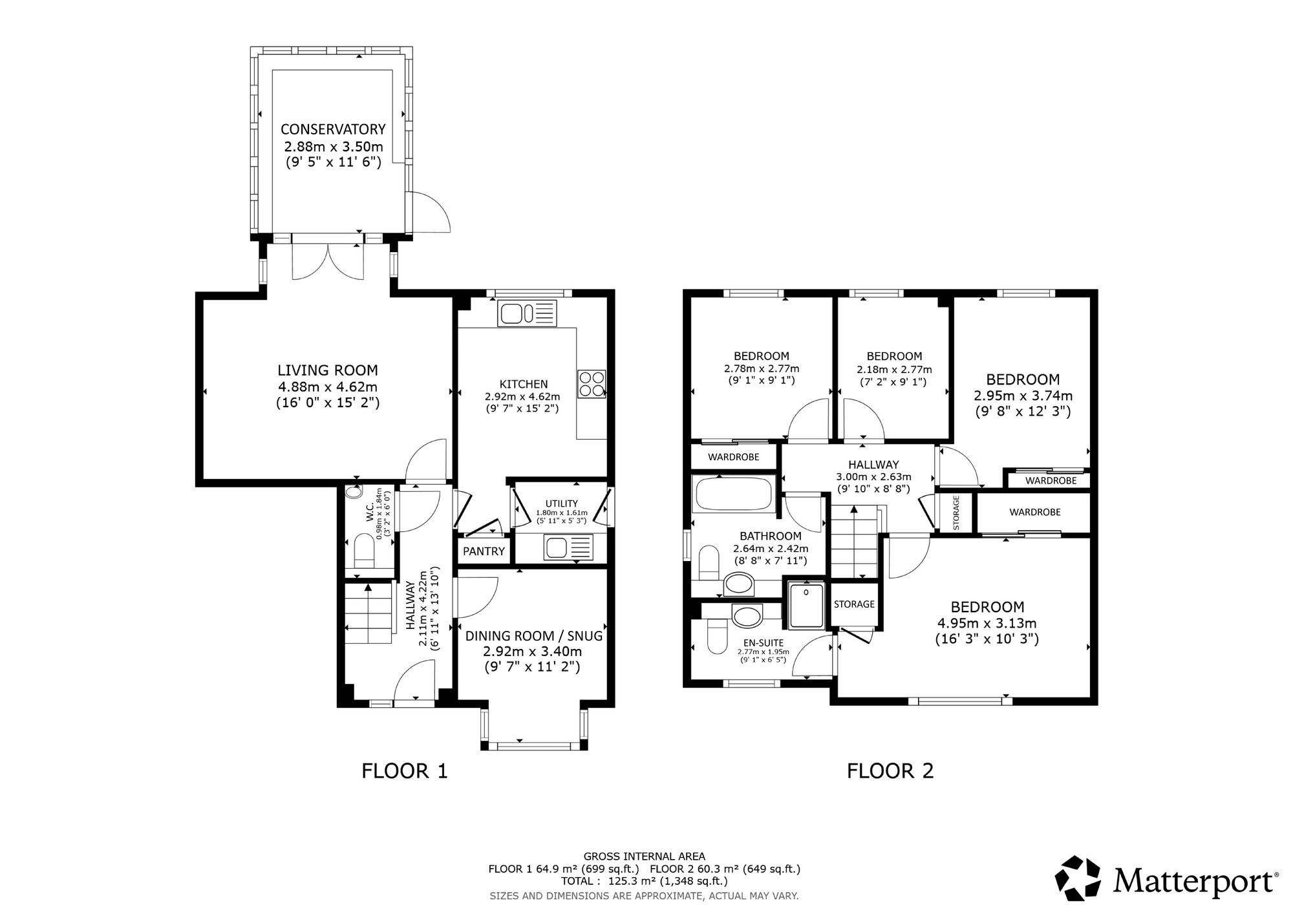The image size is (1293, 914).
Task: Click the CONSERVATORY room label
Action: pyautogui.click(x=333, y=129)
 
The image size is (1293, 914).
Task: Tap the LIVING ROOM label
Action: pyautogui.click(x=328, y=370)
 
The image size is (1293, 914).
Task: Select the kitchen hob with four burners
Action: pyautogui.click(x=592, y=383)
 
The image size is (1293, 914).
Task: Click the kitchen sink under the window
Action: pyautogui.click(x=527, y=314)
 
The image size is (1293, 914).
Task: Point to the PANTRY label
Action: pyautogui.click(x=484, y=551)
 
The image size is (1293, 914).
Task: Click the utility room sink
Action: pyautogui.click(x=568, y=547)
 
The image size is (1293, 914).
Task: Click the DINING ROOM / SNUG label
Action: pyautogui.click(x=534, y=636)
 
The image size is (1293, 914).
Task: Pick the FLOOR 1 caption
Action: pyautogui.click(x=405, y=771)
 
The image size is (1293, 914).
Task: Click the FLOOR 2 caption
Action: pyautogui.click(x=890, y=771)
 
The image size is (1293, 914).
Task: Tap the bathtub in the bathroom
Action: pyautogui.click(x=733, y=494)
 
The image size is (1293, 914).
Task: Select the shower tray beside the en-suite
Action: pyautogui.click(x=806, y=604)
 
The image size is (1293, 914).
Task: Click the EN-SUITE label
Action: pyautogui.click(x=764, y=643)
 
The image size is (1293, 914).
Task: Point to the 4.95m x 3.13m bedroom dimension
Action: pyautogui.click(x=987, y=624)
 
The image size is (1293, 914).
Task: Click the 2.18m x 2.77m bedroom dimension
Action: pyautogui.click(x=895, y=370)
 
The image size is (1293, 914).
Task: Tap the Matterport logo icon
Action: pyautogui.click(x=1078, y=878)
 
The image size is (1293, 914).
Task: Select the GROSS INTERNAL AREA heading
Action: pyautogui.click(x=645, y=857)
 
